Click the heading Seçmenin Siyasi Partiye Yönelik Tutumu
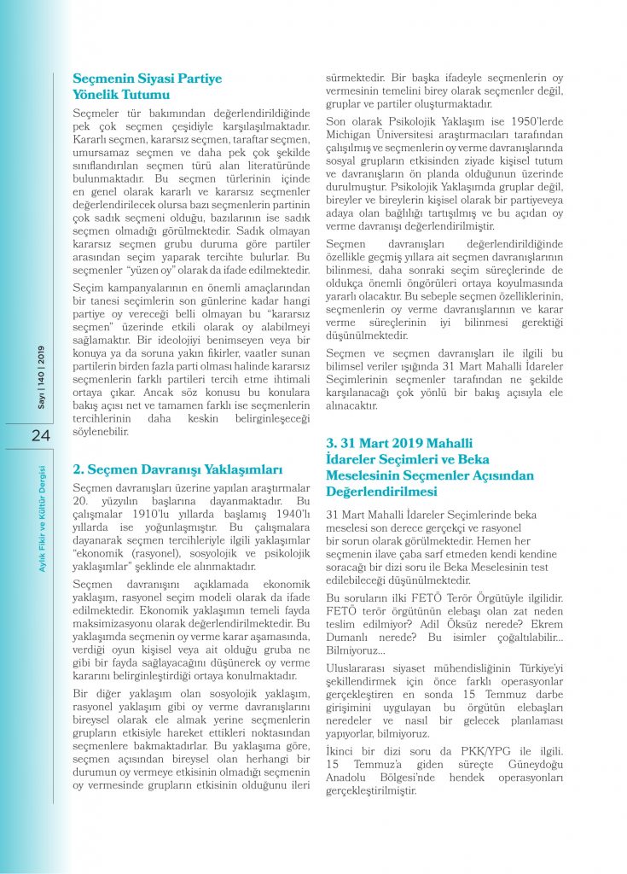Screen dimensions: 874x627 coord(147,86)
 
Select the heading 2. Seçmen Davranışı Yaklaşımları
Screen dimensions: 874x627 coord(176,469)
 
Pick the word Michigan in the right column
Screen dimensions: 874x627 coord(353,137)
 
